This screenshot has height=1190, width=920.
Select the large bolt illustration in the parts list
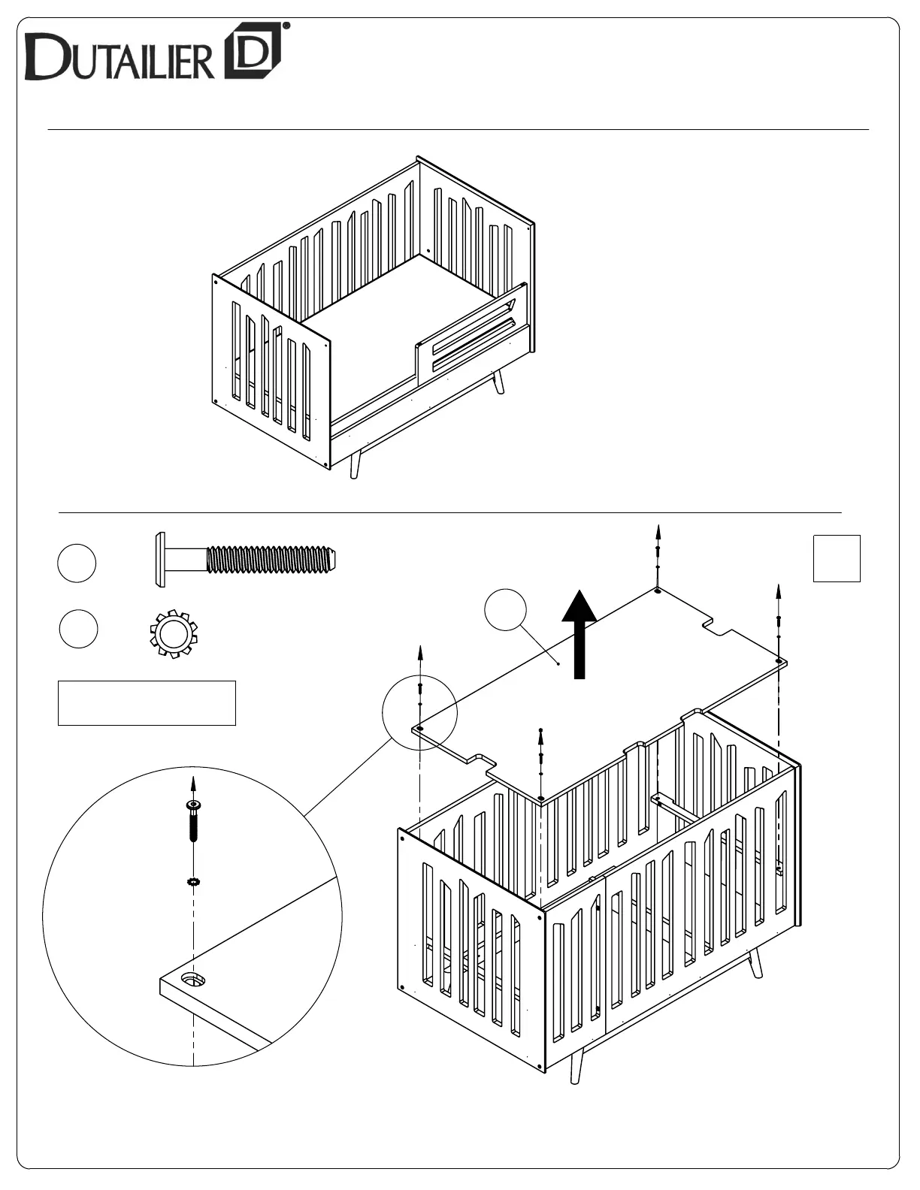pyautogui.click(x=245, y=560)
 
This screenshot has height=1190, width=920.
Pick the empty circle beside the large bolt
pyautogui.click(x=77, y=563)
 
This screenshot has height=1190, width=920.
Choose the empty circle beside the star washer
pyautogui.click(x=78, y=630)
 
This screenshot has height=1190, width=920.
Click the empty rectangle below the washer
pyautogui.click(x=147, y=703)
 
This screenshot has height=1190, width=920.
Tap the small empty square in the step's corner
pyautogui.click(x=837, y=558)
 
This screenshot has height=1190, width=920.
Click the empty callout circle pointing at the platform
pyautogui.click(x=505, y=609)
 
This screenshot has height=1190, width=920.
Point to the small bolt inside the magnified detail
pyautogui.click(x=193, y=823)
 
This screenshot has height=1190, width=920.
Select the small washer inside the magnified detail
pyautogui.click(x=193, y=881)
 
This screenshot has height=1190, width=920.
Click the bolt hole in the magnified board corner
pyautogui.click(x=193, y=979)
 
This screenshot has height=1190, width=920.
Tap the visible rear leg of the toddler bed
pyautogui.click(x=498, y=382)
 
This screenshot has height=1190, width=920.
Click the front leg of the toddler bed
pyautogui.click(x=356, y=464)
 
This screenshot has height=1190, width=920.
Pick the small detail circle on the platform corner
pyautogui.click(x=419, y=711)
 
